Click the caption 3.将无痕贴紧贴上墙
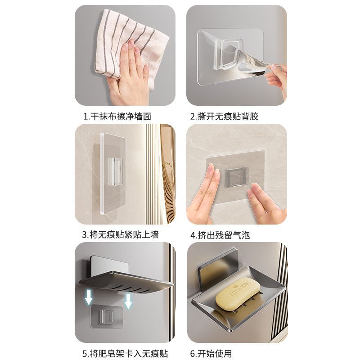[120, 235]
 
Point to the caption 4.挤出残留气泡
[220, 235]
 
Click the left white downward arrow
[89, 297]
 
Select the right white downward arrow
[128, 301]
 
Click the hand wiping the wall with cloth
[128, 76]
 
